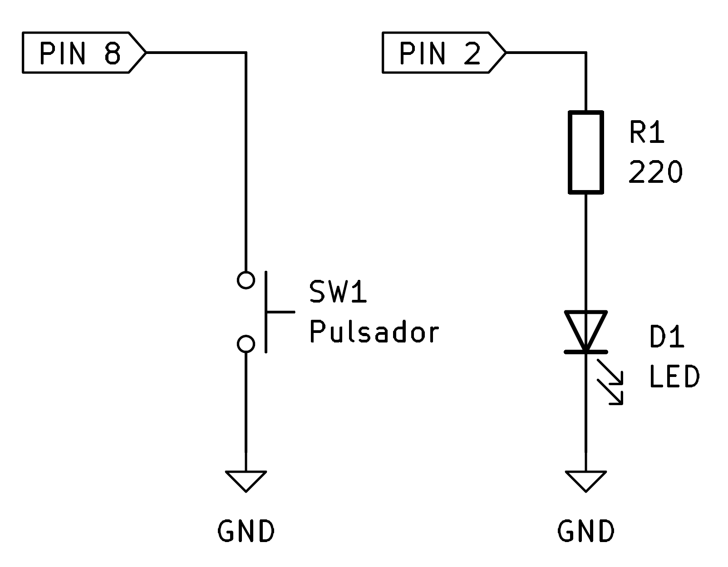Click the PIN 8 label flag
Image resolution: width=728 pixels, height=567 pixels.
tap(82, 53)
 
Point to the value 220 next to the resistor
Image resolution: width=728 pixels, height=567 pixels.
tap(655, 172)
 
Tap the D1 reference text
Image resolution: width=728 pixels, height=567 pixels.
tap(667, 337)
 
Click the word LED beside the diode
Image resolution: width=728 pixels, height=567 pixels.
tap(674, 377)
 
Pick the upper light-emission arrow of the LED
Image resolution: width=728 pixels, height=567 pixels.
tap(610, 371)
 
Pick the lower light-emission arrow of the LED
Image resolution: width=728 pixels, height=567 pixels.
tap(610, 392)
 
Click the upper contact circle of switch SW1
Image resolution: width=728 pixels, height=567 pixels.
tap(246, 280)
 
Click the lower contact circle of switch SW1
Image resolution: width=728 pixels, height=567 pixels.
tap(246, 344)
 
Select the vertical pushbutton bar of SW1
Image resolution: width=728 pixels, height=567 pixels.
tap(266, 312)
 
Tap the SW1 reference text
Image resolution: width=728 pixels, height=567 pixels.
tap(338, 293)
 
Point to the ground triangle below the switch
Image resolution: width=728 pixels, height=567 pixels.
tap(246, 480)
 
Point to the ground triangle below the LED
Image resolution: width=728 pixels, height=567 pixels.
tap(585, 480)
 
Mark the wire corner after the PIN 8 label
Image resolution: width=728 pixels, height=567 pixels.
tap(246, 53)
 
